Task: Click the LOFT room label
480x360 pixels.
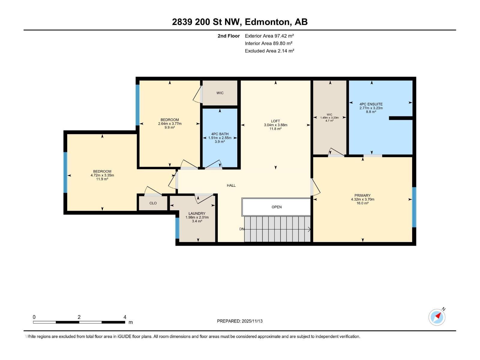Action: coord(275,121)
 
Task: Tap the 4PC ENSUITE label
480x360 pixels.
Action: coord(371,104)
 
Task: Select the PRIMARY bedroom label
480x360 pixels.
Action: coord(362,195)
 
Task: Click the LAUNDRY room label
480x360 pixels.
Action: coord(197,214)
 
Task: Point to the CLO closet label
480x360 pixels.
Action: coord(153,203)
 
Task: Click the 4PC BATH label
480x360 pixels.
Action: coord(220,134)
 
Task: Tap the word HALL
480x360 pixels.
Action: coord(231,185)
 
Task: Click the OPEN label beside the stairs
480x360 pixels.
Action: coord(276,207)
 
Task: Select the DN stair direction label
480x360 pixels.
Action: coord(242,229)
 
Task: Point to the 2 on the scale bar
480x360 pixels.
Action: coord(79,317)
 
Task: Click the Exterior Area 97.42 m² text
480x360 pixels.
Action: coord(269,36)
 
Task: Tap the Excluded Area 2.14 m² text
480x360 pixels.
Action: coord(269,51)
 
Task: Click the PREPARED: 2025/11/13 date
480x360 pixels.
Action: coord(240,321)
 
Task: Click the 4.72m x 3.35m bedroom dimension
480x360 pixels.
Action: coord(102,175)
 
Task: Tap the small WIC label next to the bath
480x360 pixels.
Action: coord(220,93)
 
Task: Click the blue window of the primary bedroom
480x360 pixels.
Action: coord(414,207)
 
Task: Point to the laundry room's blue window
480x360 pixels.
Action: coord(177,228)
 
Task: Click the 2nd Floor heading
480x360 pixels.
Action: coord(229,36)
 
